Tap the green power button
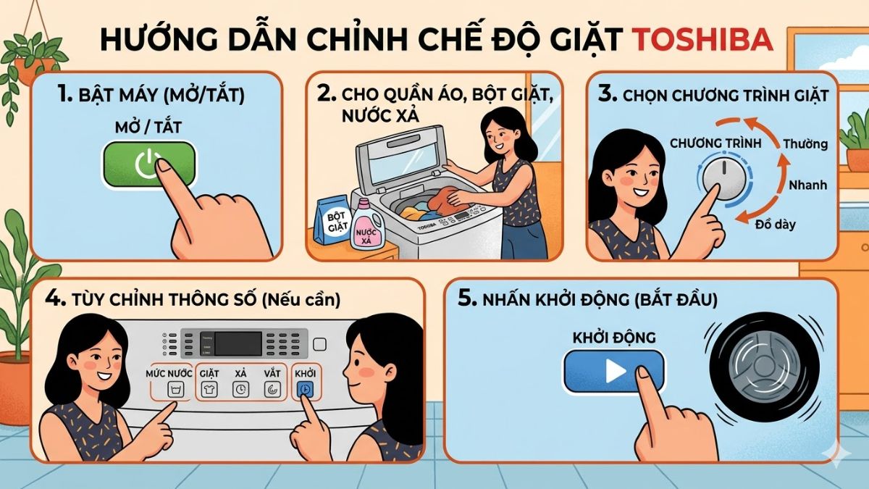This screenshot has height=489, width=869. tap(148, 164)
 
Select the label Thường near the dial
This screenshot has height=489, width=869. tap(805, 143)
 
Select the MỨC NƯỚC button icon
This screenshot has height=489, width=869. tap(173, 390)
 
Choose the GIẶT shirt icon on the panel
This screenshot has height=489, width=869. tap(210, 389)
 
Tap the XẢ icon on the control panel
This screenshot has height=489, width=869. tap(240, 389)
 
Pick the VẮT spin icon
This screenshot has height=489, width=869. tap(272, 390)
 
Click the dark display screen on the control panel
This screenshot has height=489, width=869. tap(238, 343)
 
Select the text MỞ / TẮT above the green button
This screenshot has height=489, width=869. tap(148, 128)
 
